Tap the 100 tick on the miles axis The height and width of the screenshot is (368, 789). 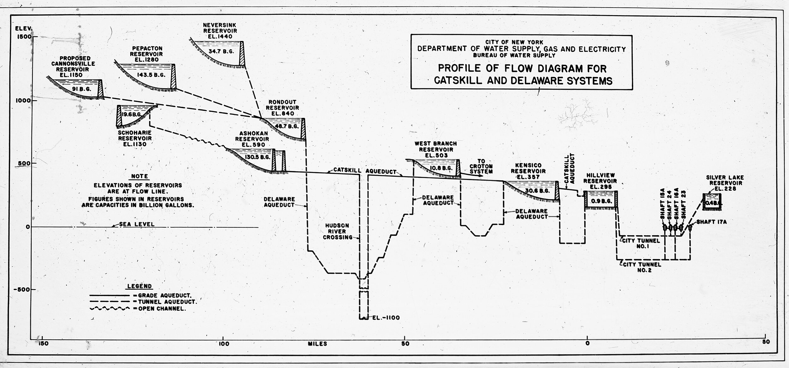pos(223,343)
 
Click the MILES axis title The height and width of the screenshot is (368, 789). pos(317,344)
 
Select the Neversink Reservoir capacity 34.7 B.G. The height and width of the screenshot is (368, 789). pos(221,51)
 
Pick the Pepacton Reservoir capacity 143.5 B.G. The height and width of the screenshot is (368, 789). pos(151,75)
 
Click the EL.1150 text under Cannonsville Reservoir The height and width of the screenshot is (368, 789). pos(71,75)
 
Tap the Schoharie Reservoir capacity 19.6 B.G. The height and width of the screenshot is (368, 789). pos(132,114)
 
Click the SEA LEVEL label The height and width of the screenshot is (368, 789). pos(137,225)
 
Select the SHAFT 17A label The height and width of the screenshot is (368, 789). pos(712,222)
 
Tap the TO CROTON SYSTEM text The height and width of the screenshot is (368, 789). pos(481,166)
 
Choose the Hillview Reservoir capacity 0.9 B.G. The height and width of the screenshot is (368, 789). pos(600,201)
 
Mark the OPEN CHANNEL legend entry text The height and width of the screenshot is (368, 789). pos(162,309)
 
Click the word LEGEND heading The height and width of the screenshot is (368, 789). pos(139,286)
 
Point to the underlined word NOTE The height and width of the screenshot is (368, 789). pos(139,177)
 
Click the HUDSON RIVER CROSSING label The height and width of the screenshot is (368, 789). pos(337,231)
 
